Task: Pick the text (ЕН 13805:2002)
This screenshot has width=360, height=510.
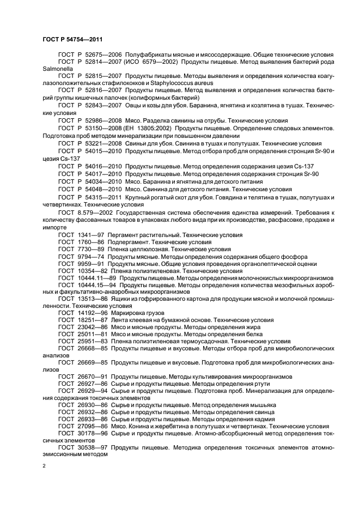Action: tap(150, 126)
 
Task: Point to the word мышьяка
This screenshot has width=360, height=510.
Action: tap(260, 405)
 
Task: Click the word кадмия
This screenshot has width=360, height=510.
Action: tap(259, 420)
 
